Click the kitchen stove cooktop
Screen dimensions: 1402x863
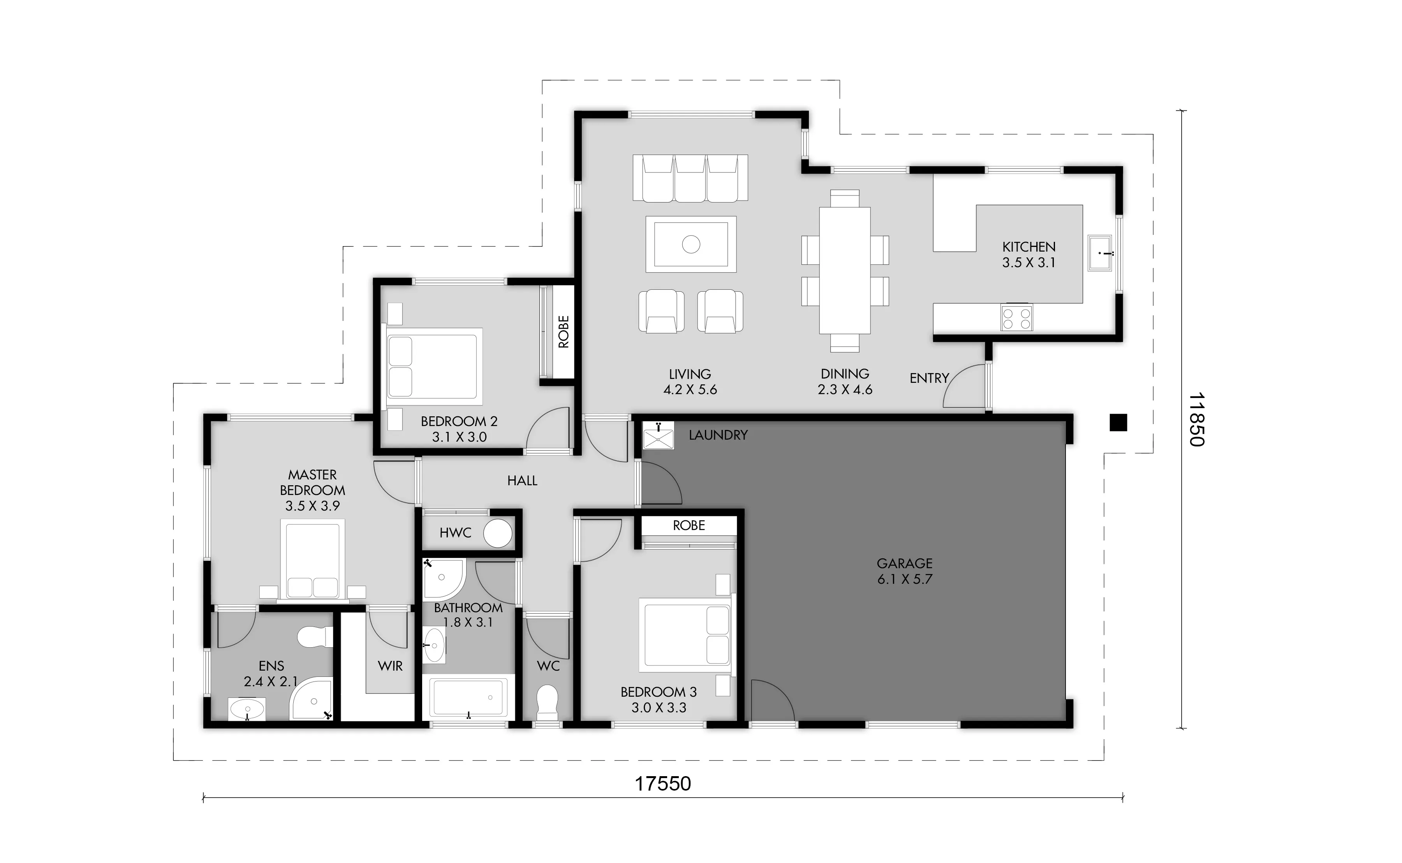[1016, 318]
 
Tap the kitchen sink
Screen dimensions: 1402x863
[1099, 253]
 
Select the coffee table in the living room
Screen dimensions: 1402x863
[691, 244]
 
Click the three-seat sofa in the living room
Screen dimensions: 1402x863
[690, 178]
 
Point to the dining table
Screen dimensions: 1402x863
[845, 271]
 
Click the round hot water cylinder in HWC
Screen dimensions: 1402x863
[498, 533]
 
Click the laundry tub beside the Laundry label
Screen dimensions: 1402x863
[659, 435]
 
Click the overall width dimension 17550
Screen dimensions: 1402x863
[663, 784]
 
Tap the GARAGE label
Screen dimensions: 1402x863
[904, 564]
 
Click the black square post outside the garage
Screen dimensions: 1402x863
[1118, 423]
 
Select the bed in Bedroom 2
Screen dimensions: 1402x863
[433, 366]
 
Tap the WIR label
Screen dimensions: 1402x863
[390, 666]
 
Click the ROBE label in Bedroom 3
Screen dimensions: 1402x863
[689, 525]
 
